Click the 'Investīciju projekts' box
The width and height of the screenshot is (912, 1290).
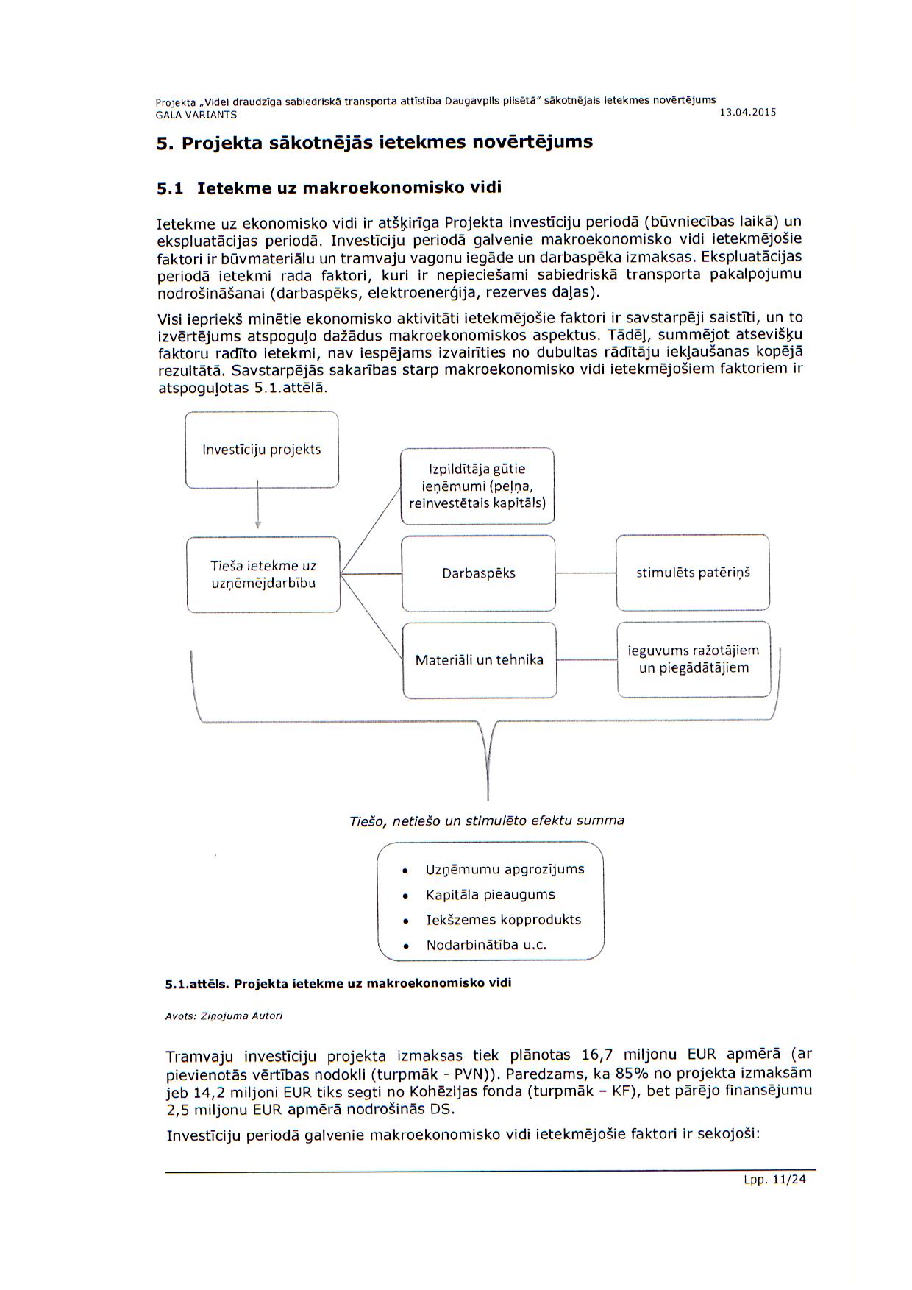tap(262, 450)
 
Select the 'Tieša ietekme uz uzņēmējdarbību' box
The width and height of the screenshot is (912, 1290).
tap(263, 575)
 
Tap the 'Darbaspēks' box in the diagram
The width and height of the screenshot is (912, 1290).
tap(478, 573)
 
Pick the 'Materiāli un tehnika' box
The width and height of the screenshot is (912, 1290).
tap(480, 660)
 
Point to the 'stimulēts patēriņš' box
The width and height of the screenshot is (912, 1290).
tap(693, 573)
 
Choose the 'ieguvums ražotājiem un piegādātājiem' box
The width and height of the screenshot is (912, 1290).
tap(694, 659)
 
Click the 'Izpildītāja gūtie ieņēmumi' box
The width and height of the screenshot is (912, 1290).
tap(477, 486)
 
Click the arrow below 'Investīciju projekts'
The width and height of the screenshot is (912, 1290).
tap(258, 506)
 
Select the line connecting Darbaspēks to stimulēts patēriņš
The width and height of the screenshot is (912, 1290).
tap(585, 573)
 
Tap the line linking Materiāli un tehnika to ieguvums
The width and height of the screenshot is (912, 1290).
tap(586, 660)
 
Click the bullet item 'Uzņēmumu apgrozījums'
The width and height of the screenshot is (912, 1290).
tap(505, 869)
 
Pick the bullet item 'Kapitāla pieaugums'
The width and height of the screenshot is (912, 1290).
tap(490, 895)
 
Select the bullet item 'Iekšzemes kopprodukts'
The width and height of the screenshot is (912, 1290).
tap(503, 920)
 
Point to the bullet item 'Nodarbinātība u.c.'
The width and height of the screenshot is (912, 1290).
tap(486, 945)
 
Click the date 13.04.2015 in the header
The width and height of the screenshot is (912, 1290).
tap(747, 113)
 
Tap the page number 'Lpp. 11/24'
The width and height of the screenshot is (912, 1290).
tap(774, 1179)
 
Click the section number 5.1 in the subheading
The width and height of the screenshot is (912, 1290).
tap(170, 188)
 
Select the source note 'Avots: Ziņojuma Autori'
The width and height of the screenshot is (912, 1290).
tap(224, 1016)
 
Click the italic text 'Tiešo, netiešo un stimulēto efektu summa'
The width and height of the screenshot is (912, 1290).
tap(486, 821)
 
